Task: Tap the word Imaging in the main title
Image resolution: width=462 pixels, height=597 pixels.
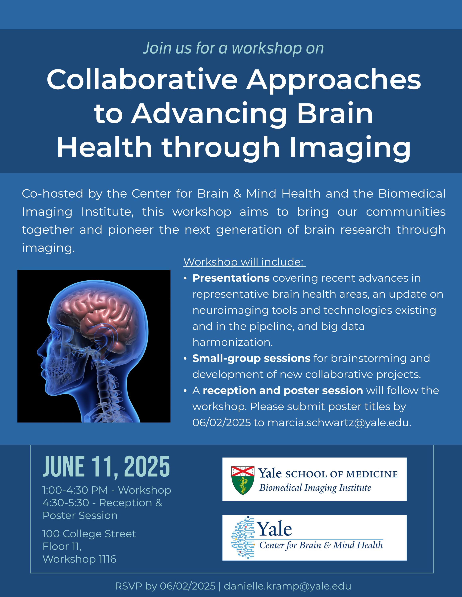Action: pyautogui.click(x=350, y=148)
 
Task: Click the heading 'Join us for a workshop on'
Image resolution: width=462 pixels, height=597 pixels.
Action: pyautogui.click(x=233, y=48)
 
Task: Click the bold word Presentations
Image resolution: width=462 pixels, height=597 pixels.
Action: pyautogui.click(x=231, y=278)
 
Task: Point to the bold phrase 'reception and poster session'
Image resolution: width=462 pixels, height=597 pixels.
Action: pyautogui.click(x=283, y=390)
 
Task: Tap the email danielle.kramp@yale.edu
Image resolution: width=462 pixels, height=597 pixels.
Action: pyautogui.click(x=287, y=586)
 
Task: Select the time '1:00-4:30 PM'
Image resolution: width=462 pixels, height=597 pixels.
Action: pyautogui.click(x=75, y=490)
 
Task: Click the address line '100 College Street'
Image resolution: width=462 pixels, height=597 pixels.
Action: pyautogui.click(x=89, y=534)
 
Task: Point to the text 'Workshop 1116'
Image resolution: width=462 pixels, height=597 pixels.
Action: pyautogui.click(x=79, y=559)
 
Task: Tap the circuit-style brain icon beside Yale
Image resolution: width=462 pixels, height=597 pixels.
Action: pyautogui.click(x=243, y=537)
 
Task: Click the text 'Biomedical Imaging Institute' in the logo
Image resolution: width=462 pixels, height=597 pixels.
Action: pyautogui.click(x=315, y=488)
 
